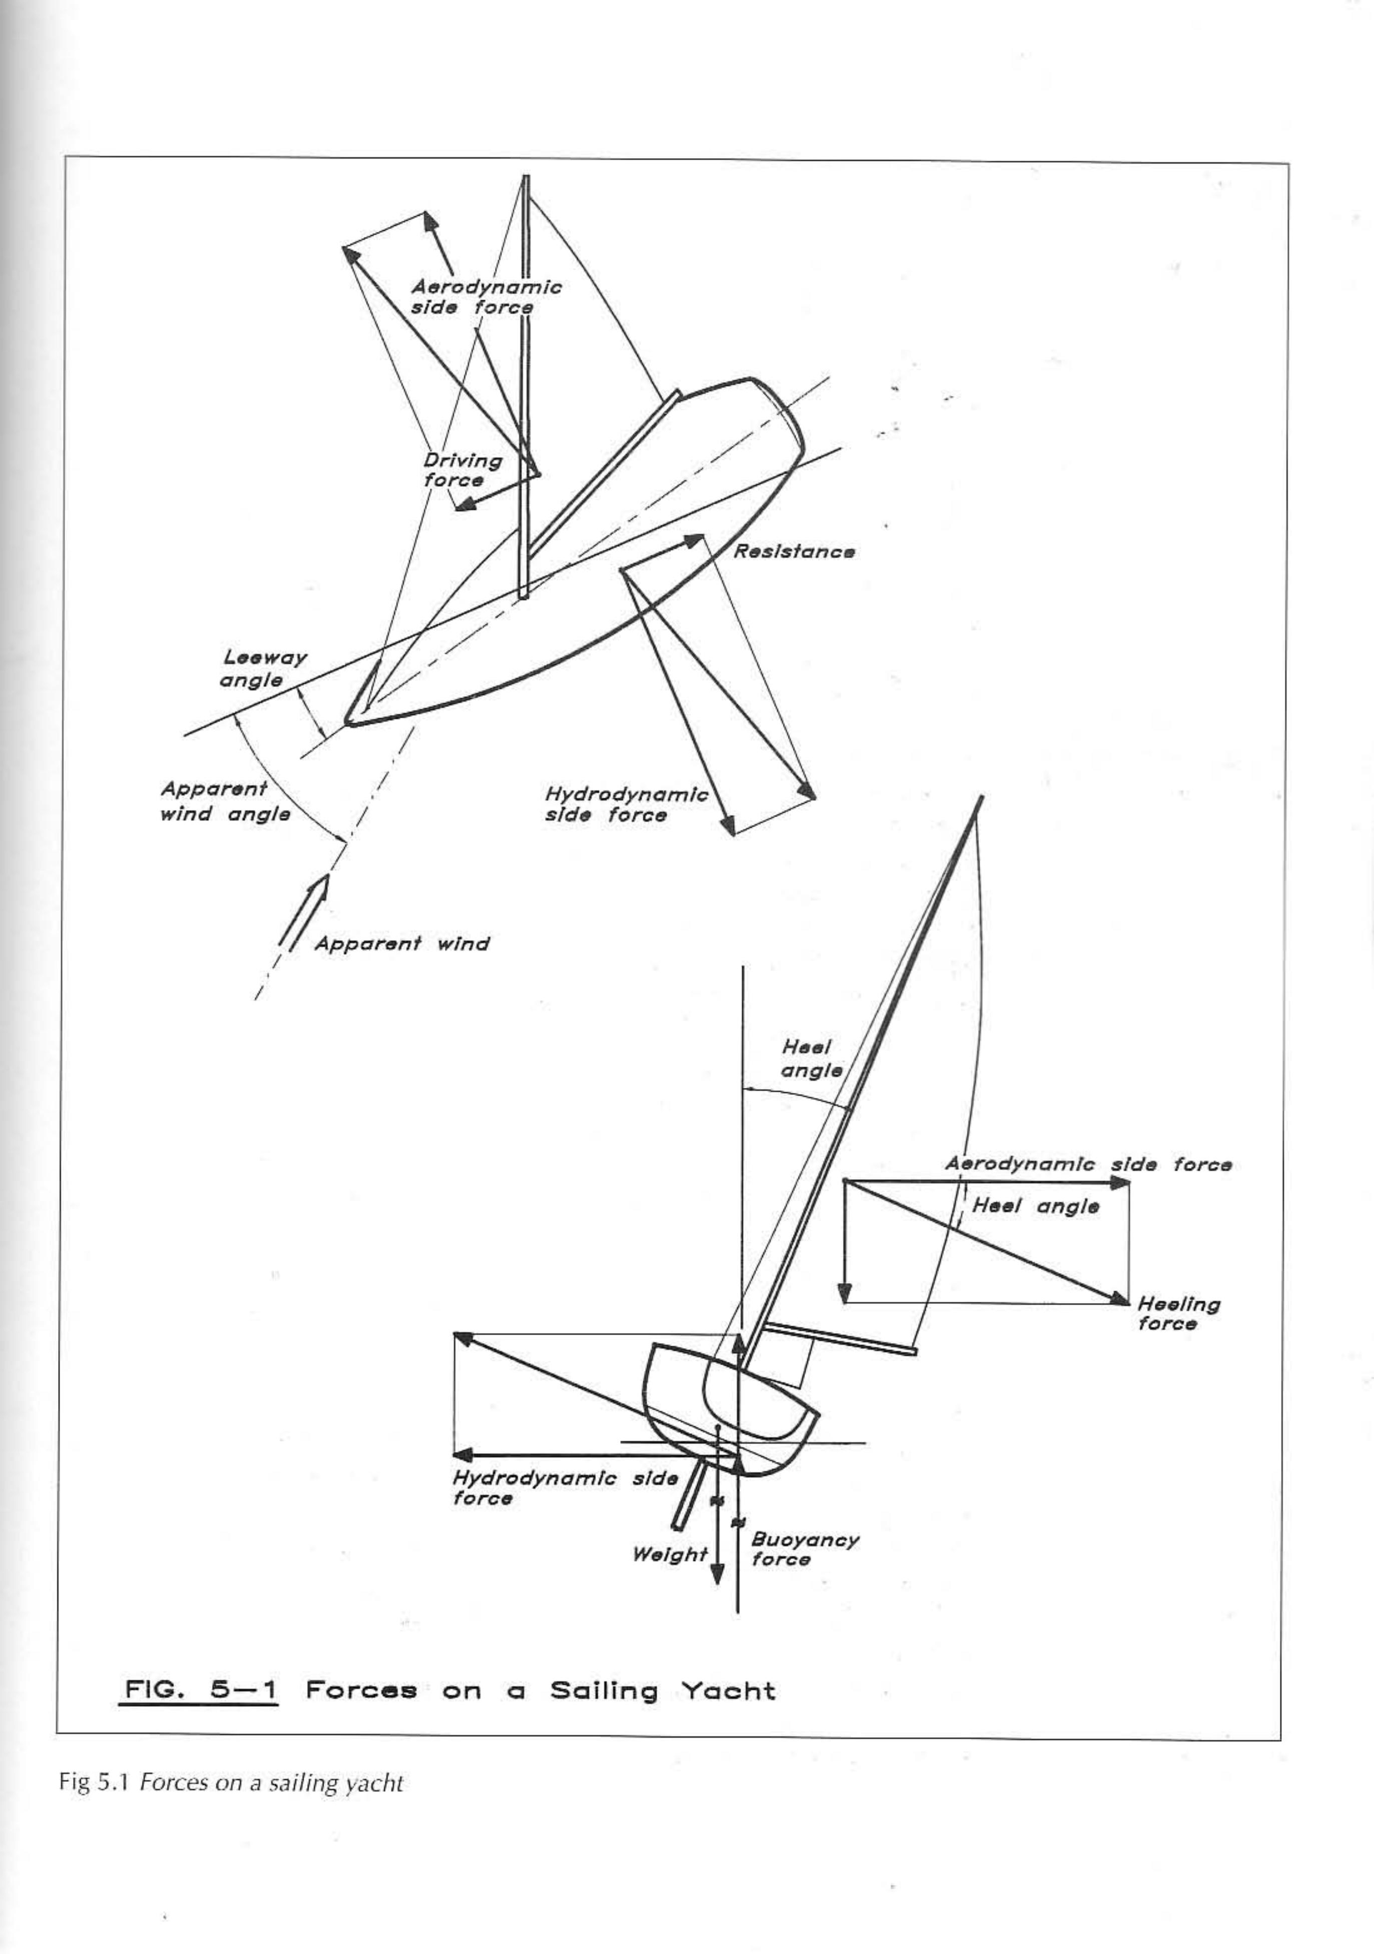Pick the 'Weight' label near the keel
coord(669,1554)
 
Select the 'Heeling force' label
coord(1178,1313)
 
